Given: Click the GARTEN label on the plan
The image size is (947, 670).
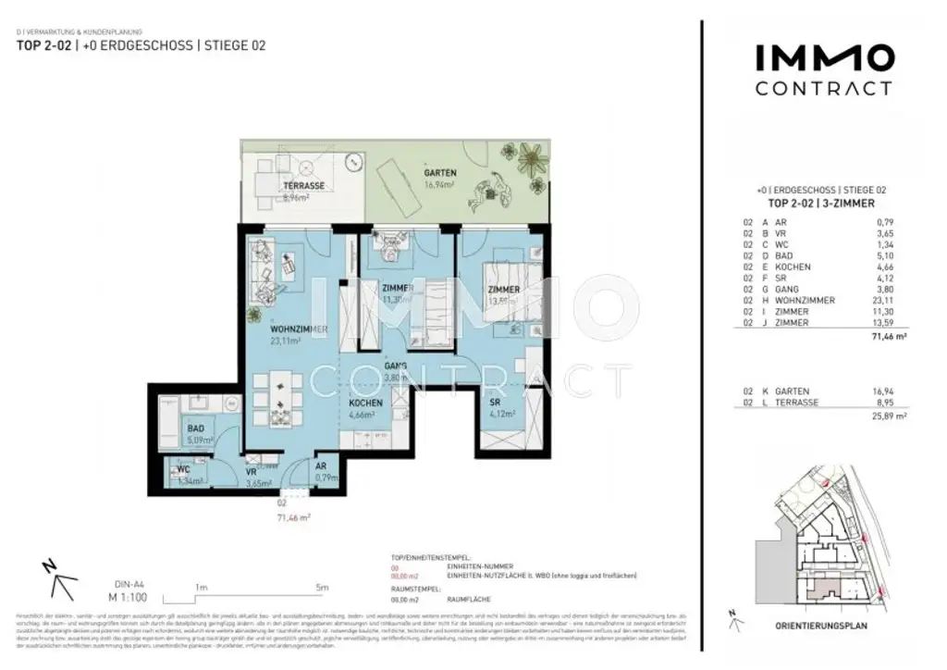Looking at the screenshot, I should (x=439, y=173).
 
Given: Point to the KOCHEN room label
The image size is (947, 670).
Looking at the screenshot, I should (x=366, y=404).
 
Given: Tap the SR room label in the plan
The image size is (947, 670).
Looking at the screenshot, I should (x=496, y=403).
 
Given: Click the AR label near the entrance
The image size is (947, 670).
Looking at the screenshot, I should (x=322, y=467).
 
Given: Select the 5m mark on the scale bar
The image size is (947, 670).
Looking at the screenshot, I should (x=321, y=587).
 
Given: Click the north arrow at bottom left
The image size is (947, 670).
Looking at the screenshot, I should (x=61, y=579).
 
